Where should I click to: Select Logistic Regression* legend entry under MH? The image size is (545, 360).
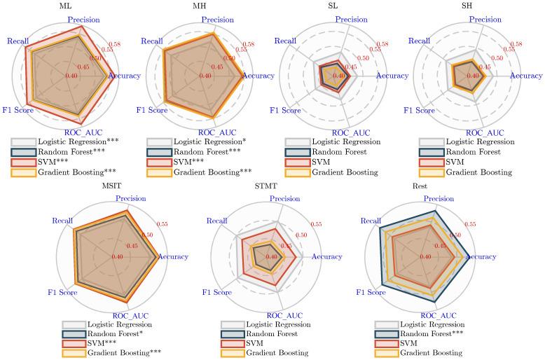[x=206, y=141]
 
